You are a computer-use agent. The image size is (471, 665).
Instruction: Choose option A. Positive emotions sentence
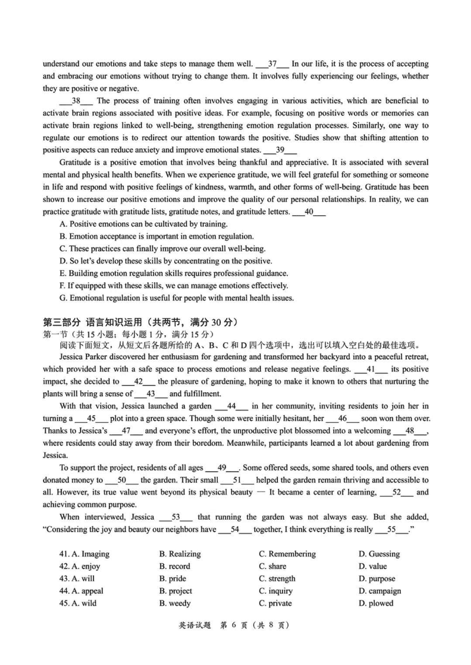[144, 224]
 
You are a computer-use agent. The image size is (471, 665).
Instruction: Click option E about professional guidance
[174, 273]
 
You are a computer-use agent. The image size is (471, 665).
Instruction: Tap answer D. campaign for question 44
[380, 591]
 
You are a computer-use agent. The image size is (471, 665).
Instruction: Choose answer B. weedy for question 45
[175, 603]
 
